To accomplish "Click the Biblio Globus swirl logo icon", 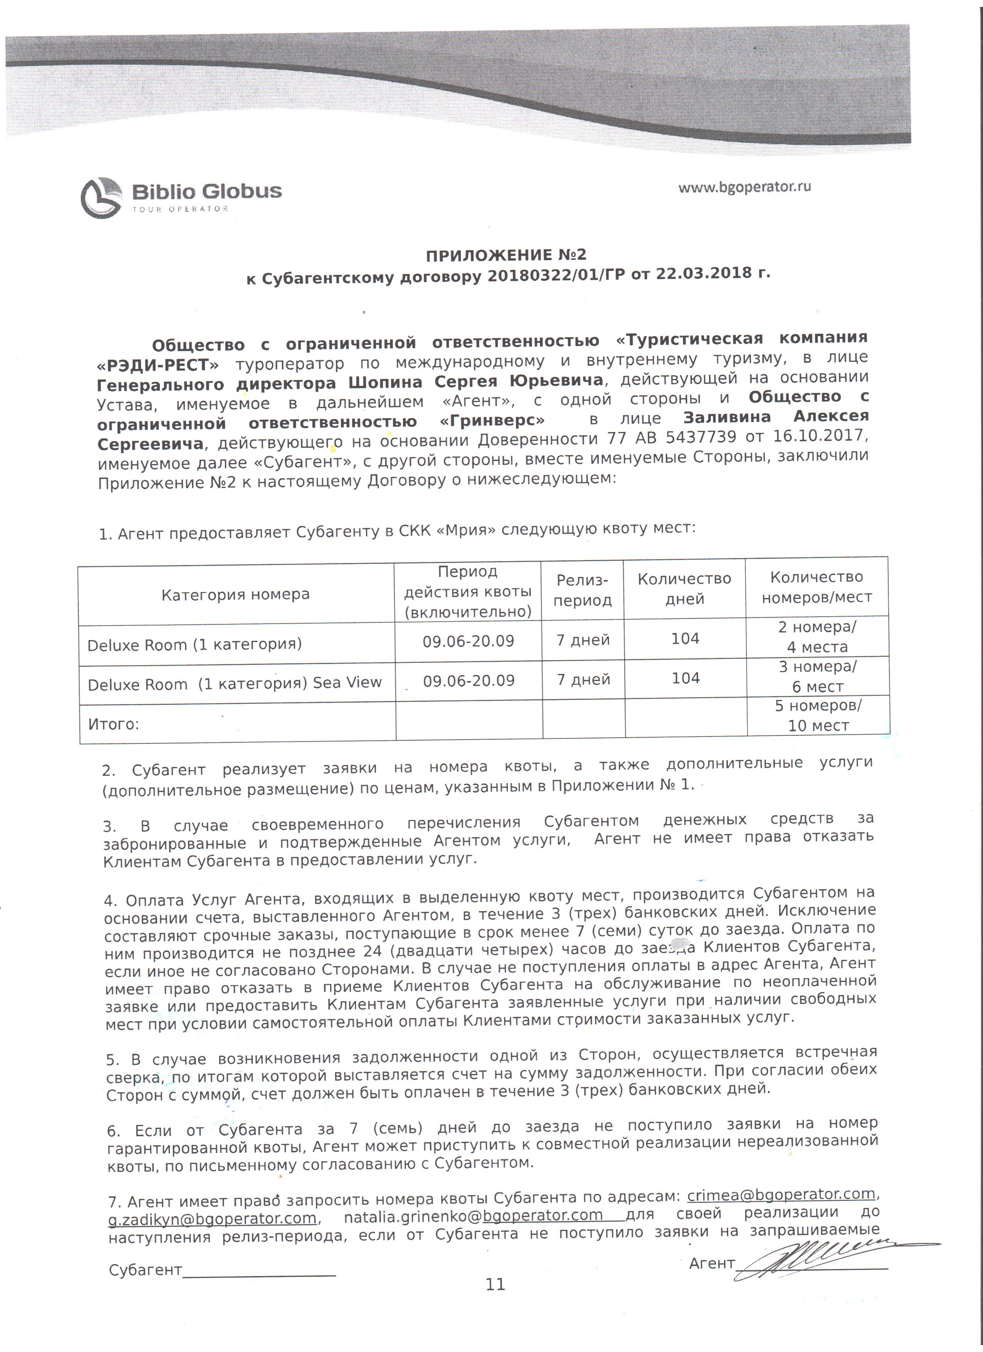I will [101, 197].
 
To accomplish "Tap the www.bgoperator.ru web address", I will [744, 187].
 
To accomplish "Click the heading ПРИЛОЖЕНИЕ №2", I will [505, 255].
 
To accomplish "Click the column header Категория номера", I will [236, 594].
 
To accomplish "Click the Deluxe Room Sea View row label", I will [234, 683].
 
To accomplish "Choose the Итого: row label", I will [113, 724].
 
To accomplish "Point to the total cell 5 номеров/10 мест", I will [818, 715].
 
